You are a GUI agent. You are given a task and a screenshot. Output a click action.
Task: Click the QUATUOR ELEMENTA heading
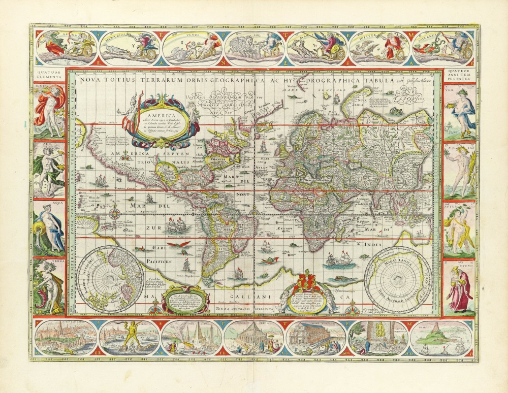point(49,76)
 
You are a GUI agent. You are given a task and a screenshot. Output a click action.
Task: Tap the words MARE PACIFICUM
point(153,257)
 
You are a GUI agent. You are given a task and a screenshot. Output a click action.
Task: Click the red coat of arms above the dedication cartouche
point(305,281)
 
